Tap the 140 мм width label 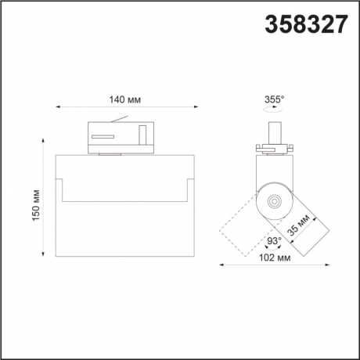125,99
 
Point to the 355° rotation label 274,99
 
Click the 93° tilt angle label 274,242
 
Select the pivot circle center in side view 273,201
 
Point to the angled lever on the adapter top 120,120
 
